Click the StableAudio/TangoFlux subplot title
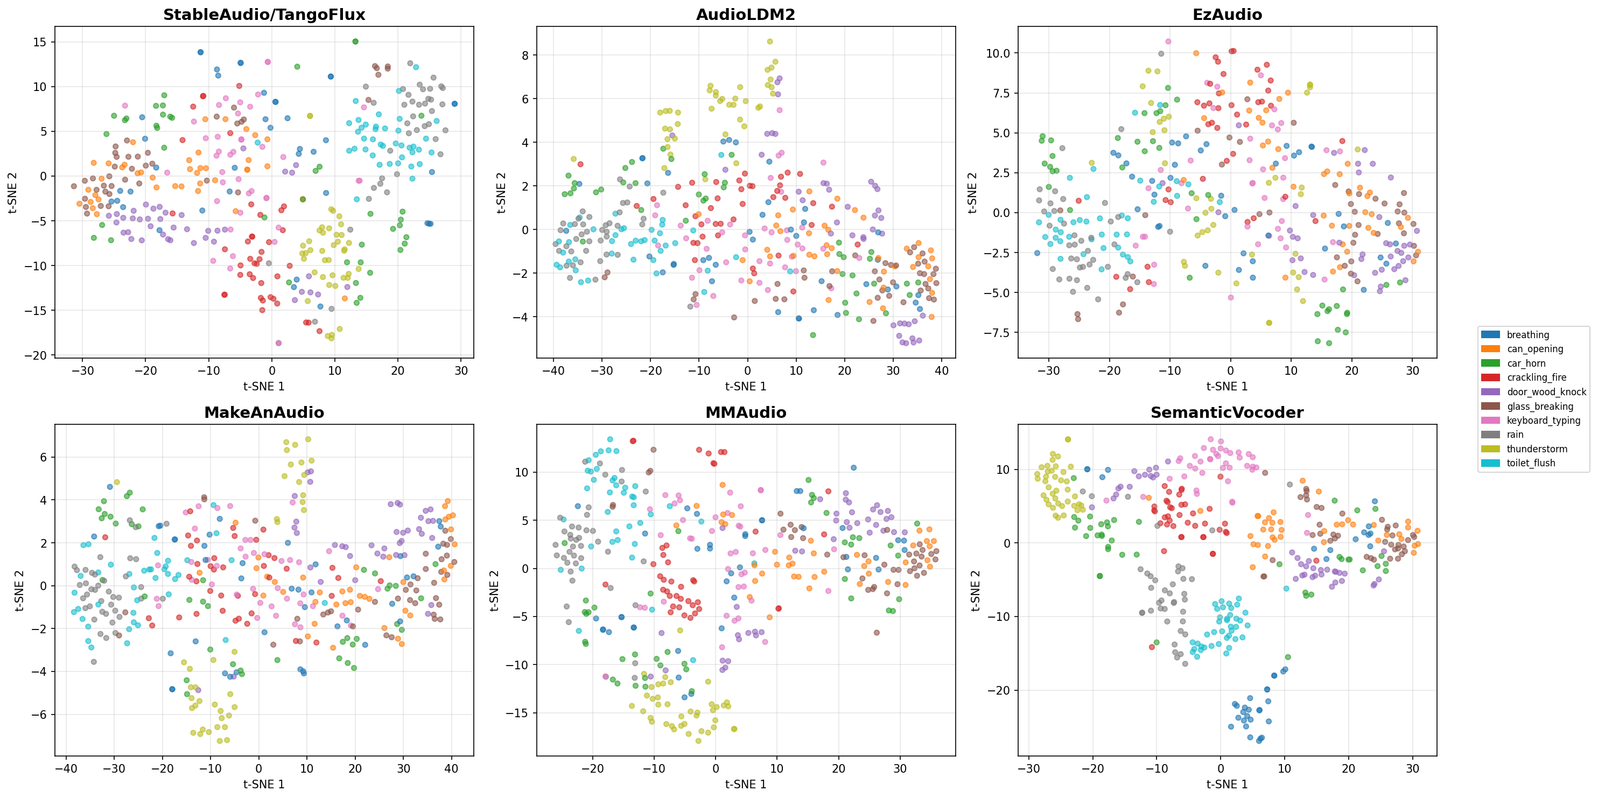(264, 15)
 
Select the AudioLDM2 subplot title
(745, 15)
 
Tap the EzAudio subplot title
(1226, 15)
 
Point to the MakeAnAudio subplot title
(264, 412)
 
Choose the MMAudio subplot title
(745, 412)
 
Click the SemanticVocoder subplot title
(1226, 412)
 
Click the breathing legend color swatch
(1490, 335)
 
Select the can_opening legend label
(1534, 349)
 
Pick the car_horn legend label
(1526, 363)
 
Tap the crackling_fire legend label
(1537, 377)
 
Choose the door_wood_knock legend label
(1546, 391)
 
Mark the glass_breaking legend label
(1540, 407)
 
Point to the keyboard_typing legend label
(1544, 420)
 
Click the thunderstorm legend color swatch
(1490, 449)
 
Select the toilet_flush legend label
(1531, 463)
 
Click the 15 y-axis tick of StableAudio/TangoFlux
(40, 42)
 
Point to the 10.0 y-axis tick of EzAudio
(998, 53)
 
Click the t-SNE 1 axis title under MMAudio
(745, 785)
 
